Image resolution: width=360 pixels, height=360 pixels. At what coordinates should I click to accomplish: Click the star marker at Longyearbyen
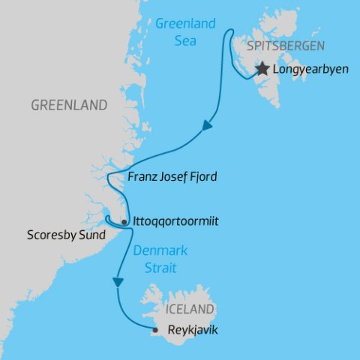262,70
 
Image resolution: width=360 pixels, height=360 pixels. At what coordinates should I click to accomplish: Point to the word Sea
184,40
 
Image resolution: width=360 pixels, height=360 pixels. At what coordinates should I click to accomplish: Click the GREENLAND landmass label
69,105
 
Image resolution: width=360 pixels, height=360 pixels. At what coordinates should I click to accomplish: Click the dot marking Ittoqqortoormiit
124,223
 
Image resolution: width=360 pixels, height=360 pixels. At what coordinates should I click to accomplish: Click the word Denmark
160,250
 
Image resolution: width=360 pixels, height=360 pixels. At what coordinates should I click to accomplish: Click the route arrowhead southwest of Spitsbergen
206,129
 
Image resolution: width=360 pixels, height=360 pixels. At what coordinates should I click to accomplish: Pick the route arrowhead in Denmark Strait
117,282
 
